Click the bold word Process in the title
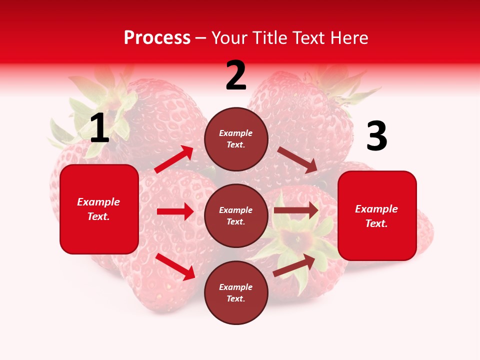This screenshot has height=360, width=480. click(x=157, y=38)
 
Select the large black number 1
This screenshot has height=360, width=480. click(x=99, y=128)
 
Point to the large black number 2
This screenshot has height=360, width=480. click(x=236, y=76)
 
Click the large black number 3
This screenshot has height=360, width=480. click(x=376, y=136)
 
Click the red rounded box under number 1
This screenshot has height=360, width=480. click(x=99, y=209)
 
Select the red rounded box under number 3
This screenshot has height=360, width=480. click(x=377, y=215)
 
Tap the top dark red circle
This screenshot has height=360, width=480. click(x=236, y=139)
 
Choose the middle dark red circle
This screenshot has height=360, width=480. click(x=236, y=215)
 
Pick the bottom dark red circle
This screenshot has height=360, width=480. click(x=236, y=292)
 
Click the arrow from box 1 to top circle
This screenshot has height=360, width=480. click(x=174, y=159)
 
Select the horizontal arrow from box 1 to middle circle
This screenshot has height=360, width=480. click(x=175, y=211)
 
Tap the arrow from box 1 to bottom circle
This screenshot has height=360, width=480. click(x=175, y=266)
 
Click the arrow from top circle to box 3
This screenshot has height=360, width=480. click(x=297, y=159)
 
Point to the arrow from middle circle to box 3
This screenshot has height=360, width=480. click(x=296, y=210)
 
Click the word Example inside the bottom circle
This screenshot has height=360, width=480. click(x=236, y=287)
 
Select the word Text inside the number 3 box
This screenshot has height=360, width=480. click(x=375, y=223)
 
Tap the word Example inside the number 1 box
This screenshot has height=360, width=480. click(x=98, y=202)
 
